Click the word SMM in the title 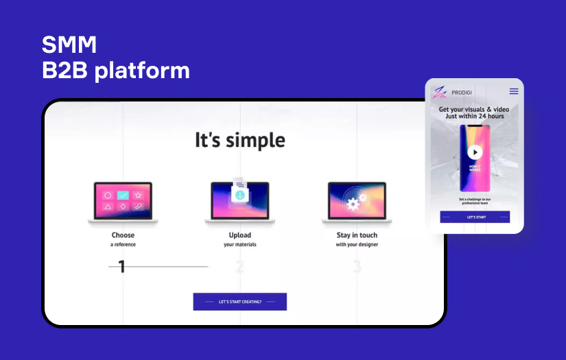69,45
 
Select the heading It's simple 239,140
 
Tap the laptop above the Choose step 123,202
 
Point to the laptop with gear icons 357,202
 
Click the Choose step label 123,235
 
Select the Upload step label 239,235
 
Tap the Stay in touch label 357,235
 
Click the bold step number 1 122,267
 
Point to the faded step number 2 239,267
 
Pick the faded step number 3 357,267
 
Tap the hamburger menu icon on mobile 513,91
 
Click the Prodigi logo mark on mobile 439,91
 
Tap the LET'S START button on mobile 475,217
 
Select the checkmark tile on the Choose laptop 123,195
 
